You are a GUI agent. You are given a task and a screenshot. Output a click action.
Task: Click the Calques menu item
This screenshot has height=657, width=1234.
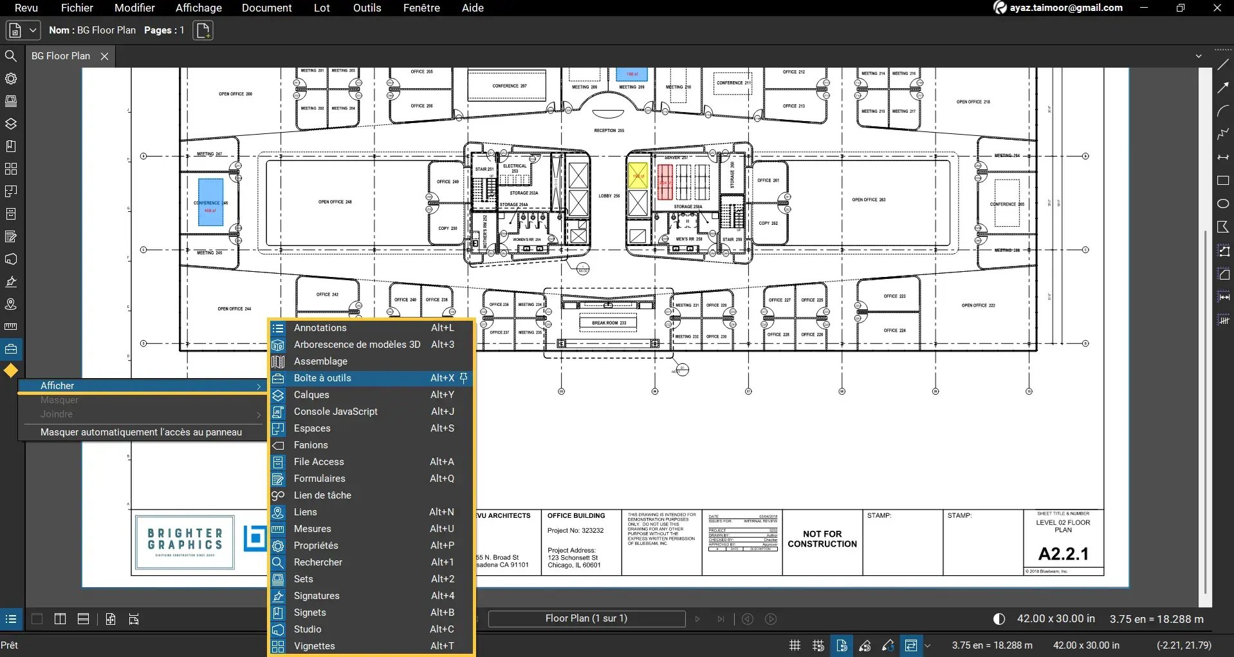point(311,395)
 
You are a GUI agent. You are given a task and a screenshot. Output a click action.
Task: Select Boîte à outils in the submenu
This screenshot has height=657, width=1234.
point(322,378)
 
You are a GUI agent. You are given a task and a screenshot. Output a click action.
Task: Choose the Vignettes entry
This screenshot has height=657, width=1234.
point(314,646)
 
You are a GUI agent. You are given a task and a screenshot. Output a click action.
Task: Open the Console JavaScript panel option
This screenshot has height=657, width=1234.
point(335,412)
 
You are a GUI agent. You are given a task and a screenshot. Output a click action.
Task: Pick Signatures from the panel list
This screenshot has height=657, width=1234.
point(316,596)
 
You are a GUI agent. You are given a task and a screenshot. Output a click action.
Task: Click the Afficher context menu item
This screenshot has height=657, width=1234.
point(57,386)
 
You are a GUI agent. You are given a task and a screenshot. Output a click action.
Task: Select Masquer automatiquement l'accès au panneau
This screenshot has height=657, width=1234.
point(141,432)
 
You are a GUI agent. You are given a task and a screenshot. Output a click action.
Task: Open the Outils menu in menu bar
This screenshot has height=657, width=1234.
point(367,8)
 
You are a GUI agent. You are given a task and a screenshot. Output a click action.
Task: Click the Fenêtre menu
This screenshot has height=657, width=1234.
point(421,8)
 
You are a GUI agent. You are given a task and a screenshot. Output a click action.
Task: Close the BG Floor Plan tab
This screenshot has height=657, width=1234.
point(104,56)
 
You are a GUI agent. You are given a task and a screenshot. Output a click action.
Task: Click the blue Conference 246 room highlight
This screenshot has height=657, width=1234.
point(210,202)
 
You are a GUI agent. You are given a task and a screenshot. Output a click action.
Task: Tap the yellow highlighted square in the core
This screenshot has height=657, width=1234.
point(638,176)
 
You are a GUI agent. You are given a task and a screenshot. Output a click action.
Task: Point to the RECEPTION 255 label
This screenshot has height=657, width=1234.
point(609,131)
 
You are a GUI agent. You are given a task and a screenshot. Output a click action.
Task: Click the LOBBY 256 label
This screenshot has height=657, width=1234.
point(609,196)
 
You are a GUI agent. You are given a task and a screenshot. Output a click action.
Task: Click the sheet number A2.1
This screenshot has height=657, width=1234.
point(1063,554)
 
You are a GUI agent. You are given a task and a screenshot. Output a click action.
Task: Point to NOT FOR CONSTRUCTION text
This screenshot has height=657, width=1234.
point(822,539)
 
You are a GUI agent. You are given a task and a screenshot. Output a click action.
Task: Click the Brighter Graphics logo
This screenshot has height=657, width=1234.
point(185,542)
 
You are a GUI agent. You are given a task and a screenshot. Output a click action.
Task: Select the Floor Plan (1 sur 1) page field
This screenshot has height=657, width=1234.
point(586,618)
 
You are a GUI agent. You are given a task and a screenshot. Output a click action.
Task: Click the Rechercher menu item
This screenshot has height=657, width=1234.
point(318,562)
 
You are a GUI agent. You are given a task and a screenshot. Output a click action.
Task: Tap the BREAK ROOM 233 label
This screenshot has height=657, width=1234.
point(609,323)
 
